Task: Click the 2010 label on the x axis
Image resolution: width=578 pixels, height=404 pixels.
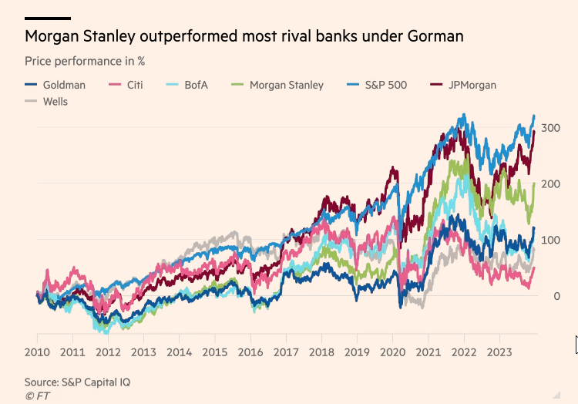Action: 37,353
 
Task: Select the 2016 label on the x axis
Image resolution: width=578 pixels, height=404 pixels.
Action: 250,353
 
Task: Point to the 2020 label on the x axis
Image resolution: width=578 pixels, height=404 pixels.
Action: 392,353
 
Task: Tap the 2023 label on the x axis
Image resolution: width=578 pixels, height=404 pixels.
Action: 499,353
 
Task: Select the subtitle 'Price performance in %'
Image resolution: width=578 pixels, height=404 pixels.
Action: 85,60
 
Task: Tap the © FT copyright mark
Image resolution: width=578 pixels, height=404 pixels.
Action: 35,396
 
